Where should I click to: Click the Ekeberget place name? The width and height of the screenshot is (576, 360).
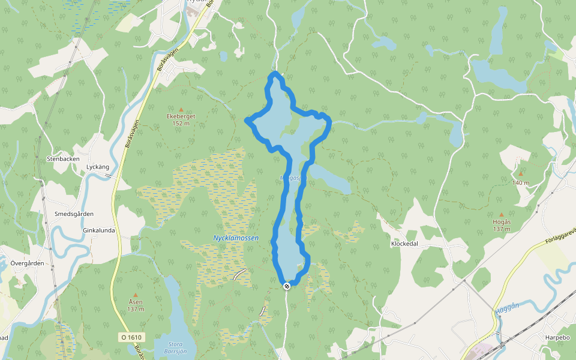[x=181, y=116]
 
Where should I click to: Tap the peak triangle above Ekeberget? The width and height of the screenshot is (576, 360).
[x=181, y=109]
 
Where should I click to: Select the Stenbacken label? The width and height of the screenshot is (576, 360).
[x=62, y=159]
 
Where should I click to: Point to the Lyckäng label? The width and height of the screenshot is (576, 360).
[x=98, y=166]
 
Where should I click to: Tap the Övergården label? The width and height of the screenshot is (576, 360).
[x=28, y=263]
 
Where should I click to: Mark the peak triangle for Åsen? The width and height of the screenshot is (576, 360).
[x=136, y=295]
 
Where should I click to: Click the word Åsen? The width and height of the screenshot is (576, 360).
[x=136, y=302]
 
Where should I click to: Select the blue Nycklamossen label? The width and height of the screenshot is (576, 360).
[x=236, y=238]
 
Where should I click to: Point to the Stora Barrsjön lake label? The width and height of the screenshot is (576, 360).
[x=176, y=348]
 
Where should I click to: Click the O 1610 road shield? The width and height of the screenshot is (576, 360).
[x=132, y=337]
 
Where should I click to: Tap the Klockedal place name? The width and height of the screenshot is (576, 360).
[x=404, y=244]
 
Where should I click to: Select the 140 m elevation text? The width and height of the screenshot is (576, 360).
[x=520, y=182]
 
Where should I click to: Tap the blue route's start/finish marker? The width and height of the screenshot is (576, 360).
[x=287, y=286]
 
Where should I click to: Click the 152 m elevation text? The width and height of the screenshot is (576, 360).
[x=181, y=124]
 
